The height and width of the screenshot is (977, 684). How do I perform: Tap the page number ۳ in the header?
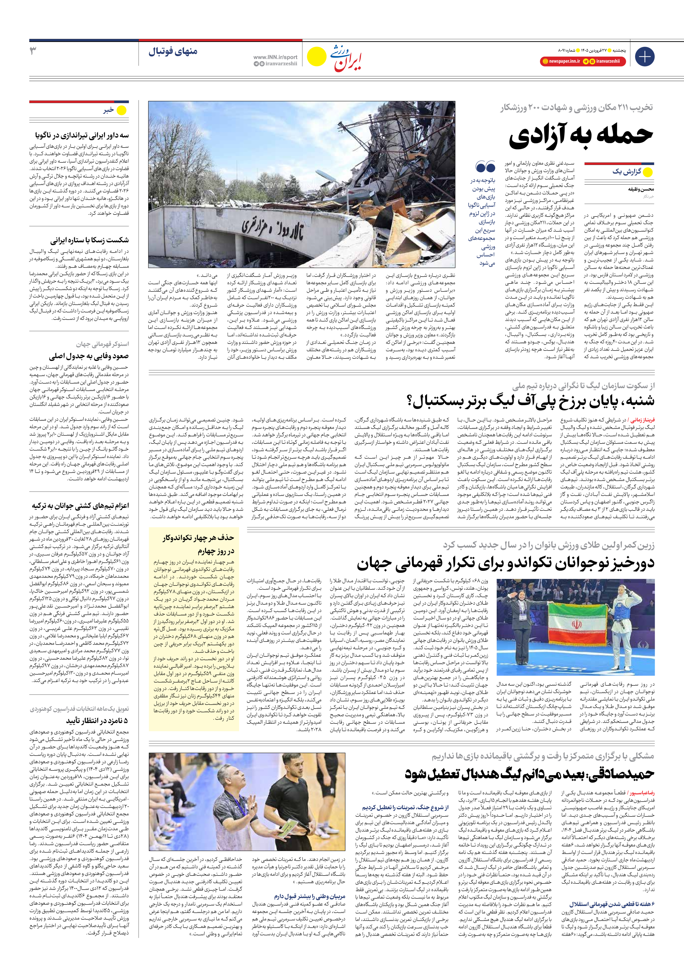click(x=33, y=51)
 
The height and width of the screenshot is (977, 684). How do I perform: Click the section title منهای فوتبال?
click(x=173, y=51)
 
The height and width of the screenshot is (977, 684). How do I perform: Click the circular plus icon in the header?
click(x=644, y=57)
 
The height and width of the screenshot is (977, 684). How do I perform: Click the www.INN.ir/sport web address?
click(x=275, y=57)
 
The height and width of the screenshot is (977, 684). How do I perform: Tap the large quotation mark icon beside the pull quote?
click(x=485, y=167)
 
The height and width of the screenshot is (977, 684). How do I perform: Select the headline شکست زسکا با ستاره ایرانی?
click(x=89, y=240)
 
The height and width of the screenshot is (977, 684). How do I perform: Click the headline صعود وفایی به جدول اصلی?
click(x=89, y=356)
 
